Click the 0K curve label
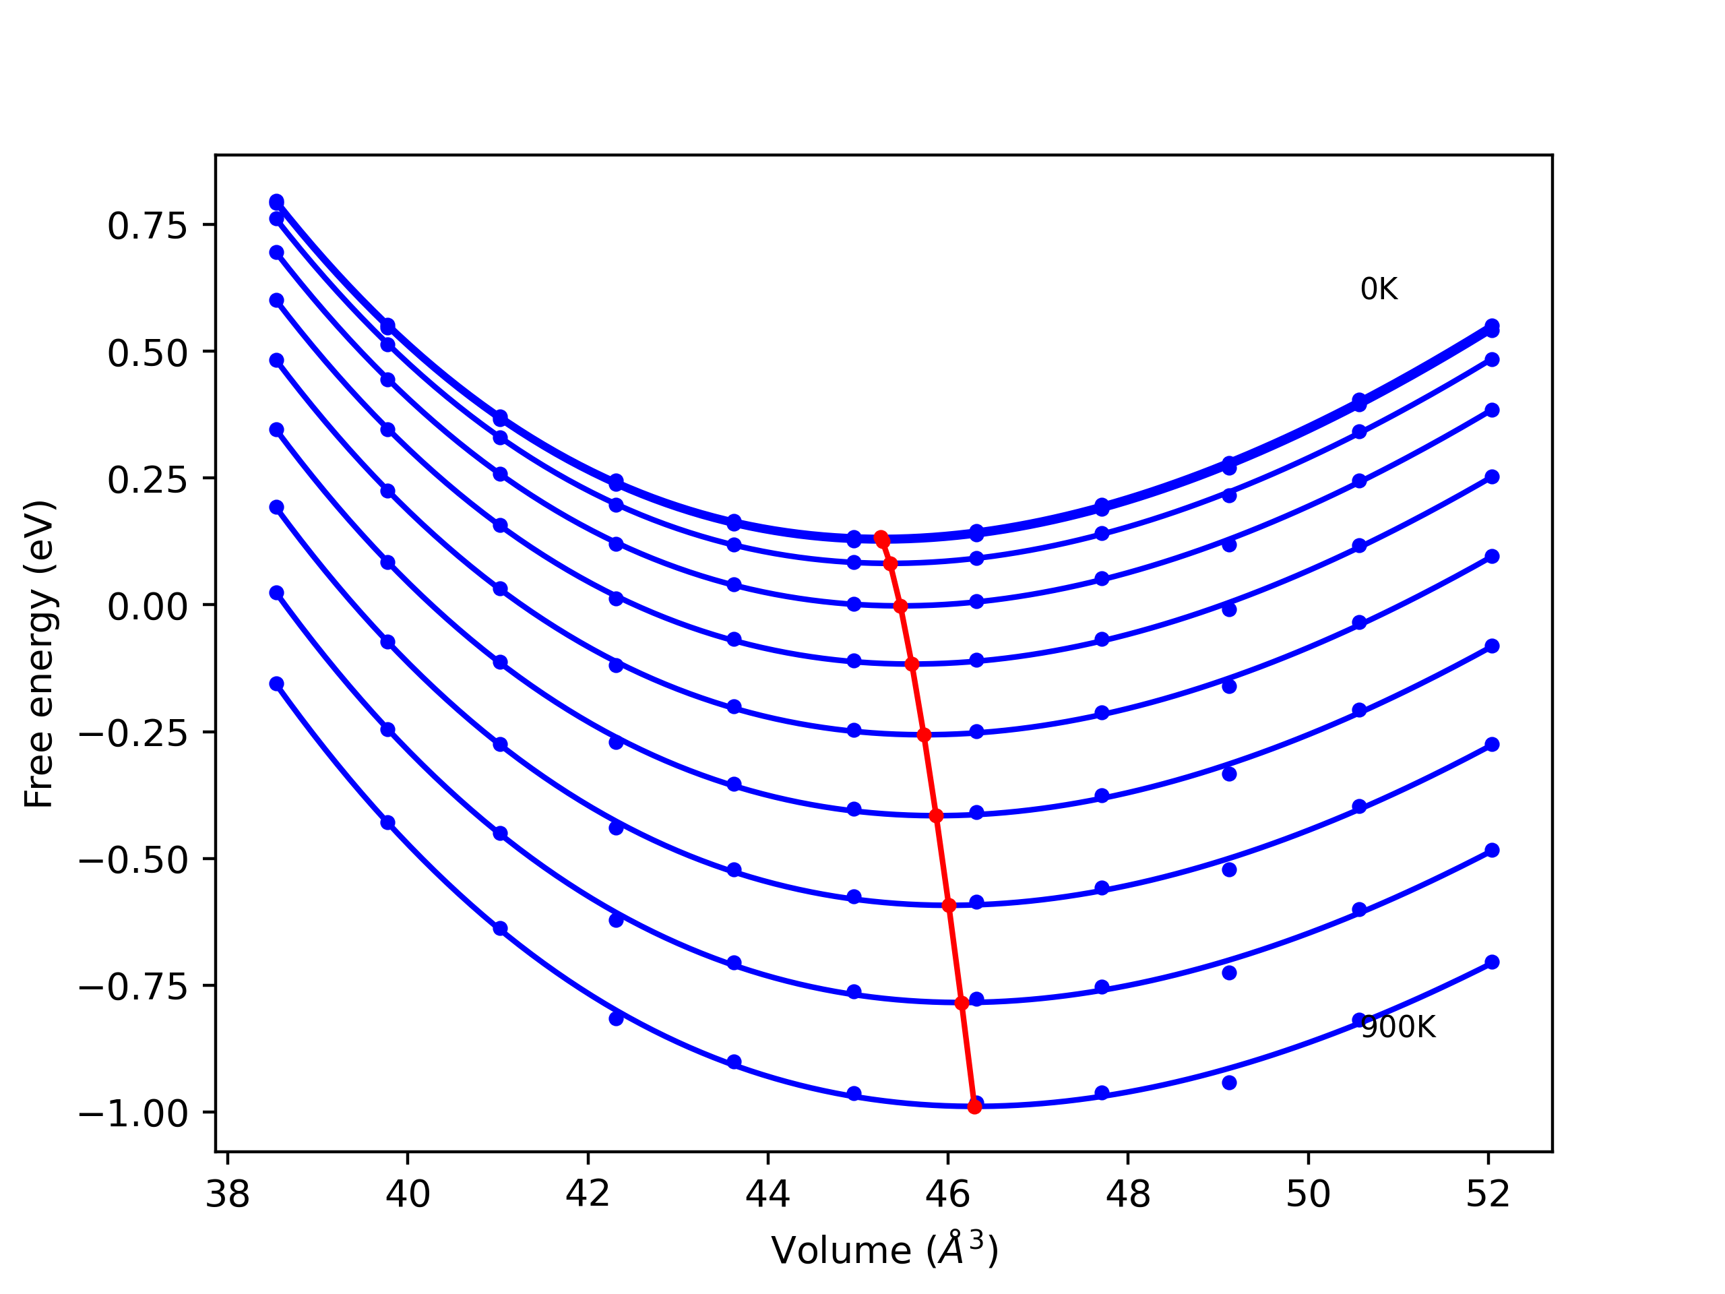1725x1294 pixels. click(x=1379, y=289)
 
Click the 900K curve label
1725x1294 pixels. click(x=1398, y=1027)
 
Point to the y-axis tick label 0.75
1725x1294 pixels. click(x=148, y=226)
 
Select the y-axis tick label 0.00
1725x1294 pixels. click(x=148, y=607)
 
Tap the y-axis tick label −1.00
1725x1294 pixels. click(x=133, y=1114)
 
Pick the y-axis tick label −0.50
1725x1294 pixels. click(x=133, y=861)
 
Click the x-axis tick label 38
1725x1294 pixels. click(x=227, y=1194)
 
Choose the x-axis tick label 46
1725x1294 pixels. click(x=947, y=1194)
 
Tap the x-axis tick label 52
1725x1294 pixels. click(x=1488, y=1194)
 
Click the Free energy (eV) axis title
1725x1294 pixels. click(x=39, y=654)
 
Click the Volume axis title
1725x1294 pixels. click(x=884, y=1251)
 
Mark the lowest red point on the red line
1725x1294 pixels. click(x=974, y=1107)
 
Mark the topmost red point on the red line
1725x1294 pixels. click(x=881, y=537)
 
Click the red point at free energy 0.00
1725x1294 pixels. click(x=900, y=606)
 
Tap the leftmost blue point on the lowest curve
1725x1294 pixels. click(x=277, y=684)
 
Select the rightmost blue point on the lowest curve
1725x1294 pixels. click(x=1492, y=962)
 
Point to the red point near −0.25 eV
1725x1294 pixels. click(x=924, y=735)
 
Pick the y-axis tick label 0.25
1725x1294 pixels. click(x=148, y=480)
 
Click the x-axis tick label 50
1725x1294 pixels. click(x=1308, y=1194)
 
